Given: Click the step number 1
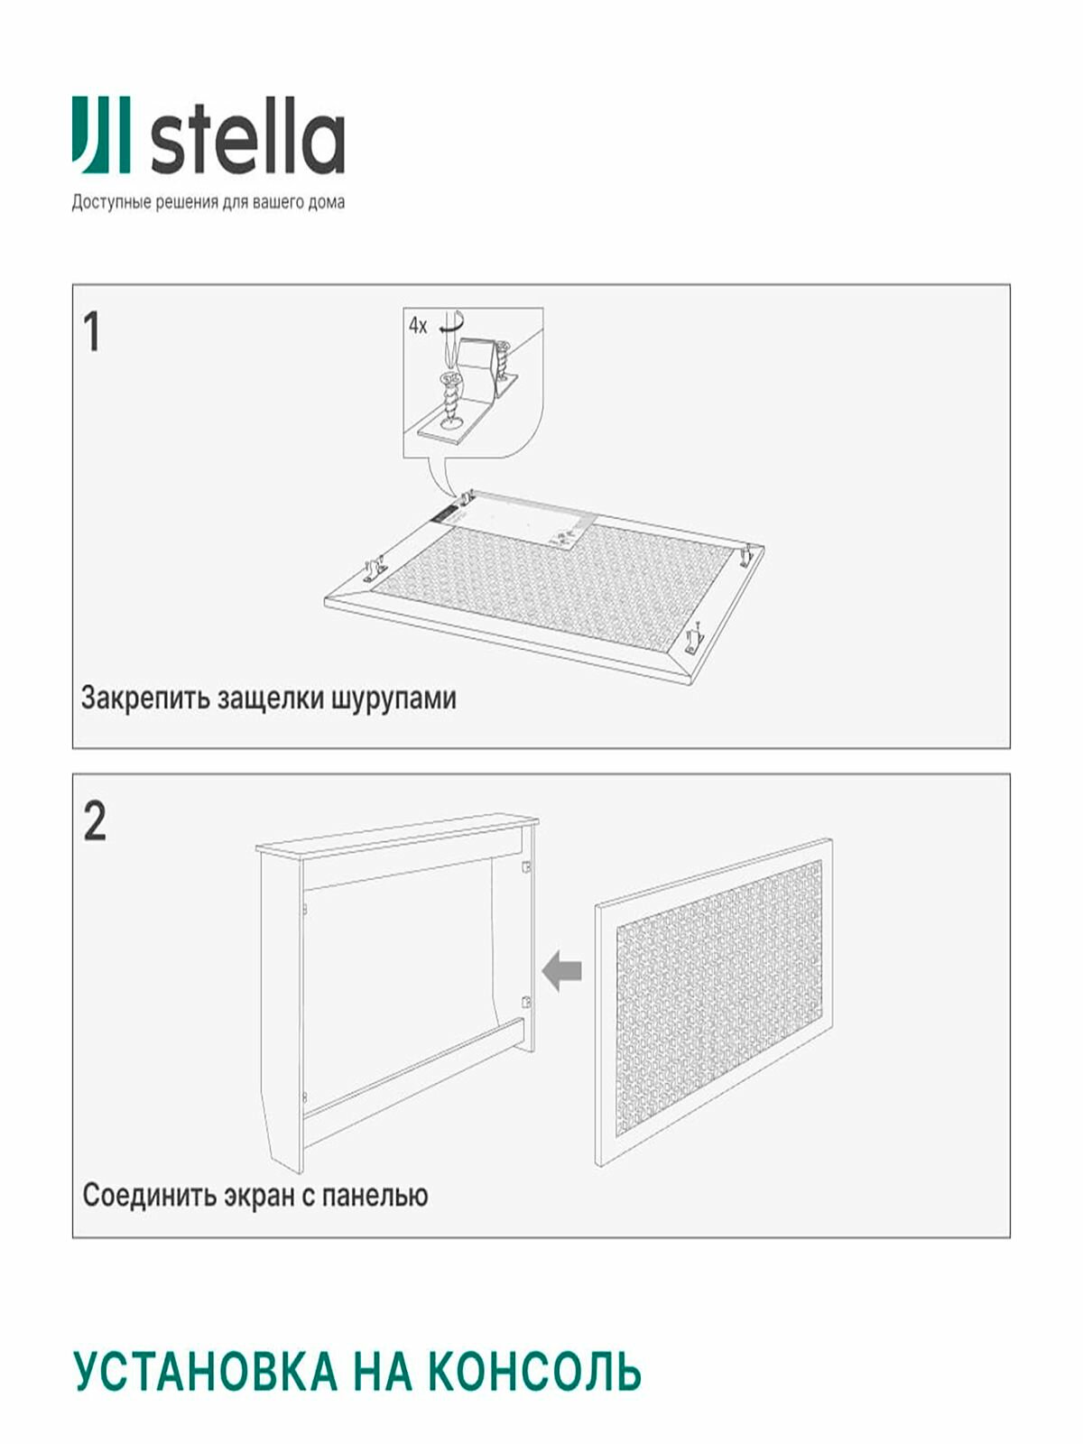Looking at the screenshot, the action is (x=91, y=332).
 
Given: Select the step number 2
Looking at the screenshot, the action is (x=94, y=822).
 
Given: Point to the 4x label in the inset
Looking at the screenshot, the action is (x=418, y=326).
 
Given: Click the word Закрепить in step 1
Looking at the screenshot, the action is (x=145, y=699).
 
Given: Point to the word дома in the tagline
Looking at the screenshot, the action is (x=327, y=203).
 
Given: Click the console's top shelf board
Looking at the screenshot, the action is (x=397, y=834).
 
